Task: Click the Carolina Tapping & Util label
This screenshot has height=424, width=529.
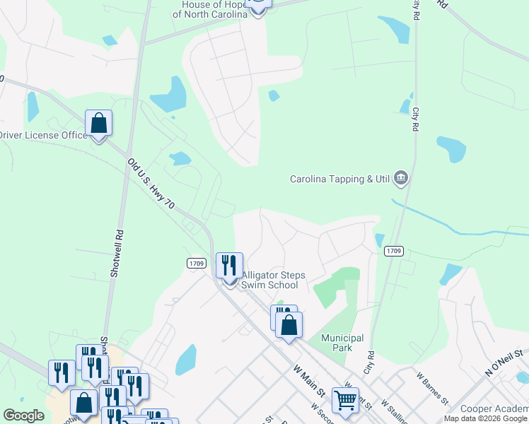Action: [340, 179]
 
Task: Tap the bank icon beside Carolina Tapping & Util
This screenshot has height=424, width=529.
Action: [401, 177]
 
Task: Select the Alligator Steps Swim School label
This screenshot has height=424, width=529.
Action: [269, 280]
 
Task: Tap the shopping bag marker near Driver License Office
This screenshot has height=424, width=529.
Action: [99, 123]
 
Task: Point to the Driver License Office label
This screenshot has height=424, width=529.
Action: [42, 135]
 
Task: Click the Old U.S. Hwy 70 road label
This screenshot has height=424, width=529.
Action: [151, 184]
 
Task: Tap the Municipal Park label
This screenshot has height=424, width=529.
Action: [342, 343]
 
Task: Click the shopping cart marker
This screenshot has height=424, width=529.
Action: [345, 401]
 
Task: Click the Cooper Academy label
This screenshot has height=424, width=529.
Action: [494, 409]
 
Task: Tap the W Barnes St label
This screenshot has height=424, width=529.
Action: [433, 389]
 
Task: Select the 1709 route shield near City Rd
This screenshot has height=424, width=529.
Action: [394, 251]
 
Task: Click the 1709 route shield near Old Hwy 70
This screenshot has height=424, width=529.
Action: [197, 263]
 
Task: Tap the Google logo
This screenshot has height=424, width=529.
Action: [23, 416]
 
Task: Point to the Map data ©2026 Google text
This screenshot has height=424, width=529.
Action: [485, 418]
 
